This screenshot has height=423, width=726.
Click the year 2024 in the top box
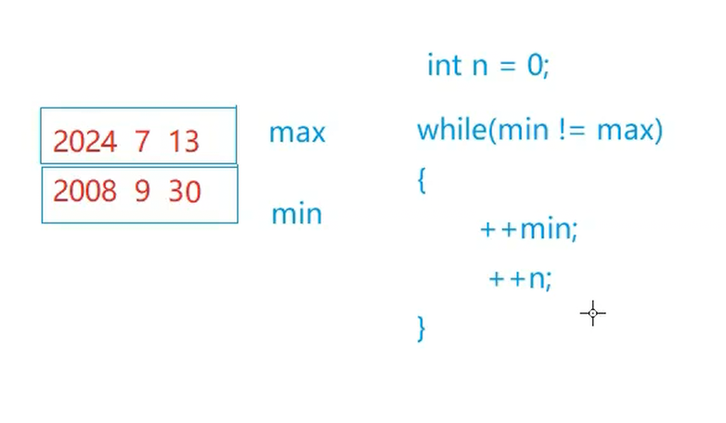(84, 142)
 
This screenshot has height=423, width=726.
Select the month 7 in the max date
(142, 142)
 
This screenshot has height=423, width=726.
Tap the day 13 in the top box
(184, 142)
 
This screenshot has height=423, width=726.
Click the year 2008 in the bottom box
(84, 192)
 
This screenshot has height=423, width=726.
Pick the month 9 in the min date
(142, 192)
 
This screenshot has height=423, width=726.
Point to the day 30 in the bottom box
(185, 192)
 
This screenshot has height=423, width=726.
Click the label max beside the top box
(297, 133)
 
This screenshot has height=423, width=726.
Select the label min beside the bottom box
(296, 214)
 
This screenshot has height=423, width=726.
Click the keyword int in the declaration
(443, 66)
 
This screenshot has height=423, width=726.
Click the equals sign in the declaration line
(507, 67)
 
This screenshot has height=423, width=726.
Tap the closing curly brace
(421, 327)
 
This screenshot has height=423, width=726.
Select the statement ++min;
(528, 229)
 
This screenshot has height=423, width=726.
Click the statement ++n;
(520, 278)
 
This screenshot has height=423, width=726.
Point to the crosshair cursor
(592, 314)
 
